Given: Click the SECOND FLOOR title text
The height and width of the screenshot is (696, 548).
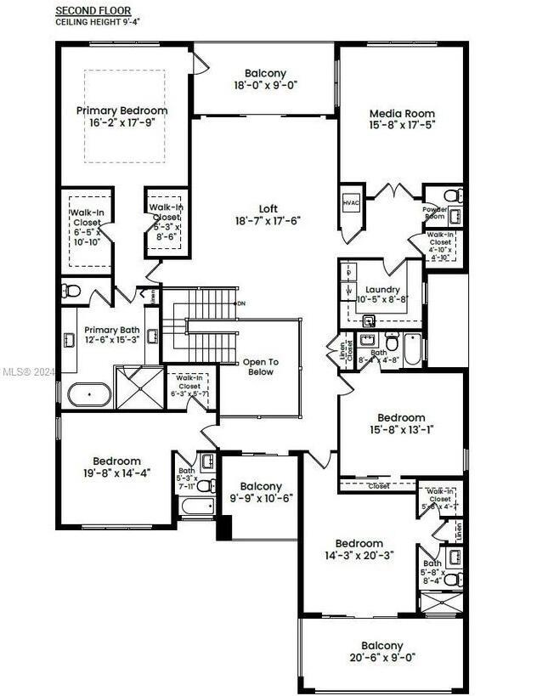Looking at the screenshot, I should click(x=93, y=10).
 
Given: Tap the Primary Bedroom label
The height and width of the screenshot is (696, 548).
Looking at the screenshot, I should click(x=121, y=110).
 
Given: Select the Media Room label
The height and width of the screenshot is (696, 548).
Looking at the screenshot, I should click(x=402, y=113).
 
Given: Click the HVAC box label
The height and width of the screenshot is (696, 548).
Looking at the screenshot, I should click(x=351, y=204).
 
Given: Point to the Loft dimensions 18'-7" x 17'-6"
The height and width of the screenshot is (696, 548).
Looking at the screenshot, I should click(x=268, y=220).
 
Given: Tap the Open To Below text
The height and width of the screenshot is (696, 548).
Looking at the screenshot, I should click(x=260, y=366).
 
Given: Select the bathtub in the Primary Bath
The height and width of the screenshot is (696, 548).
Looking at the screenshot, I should click(x=89, y=396).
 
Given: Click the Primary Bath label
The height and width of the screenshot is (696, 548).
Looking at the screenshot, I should click(x=105, y=331).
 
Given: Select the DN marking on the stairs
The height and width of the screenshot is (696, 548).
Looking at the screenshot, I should click(x=241, y=303).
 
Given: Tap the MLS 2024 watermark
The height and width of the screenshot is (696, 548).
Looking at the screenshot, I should click(x=25, y=371).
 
